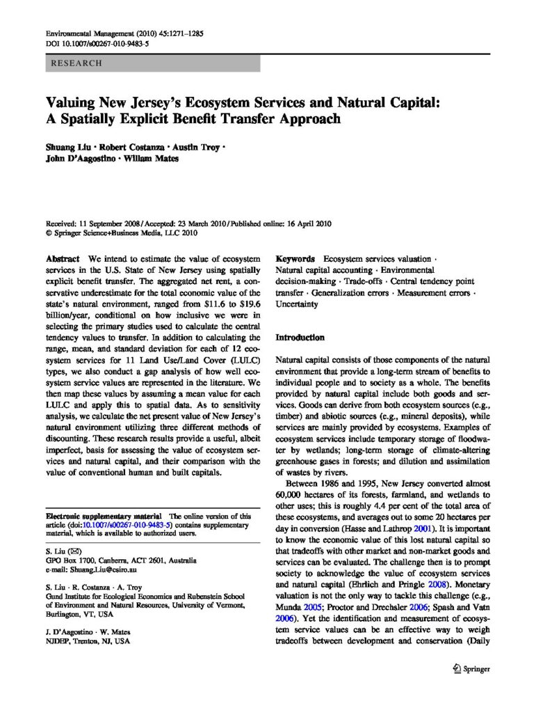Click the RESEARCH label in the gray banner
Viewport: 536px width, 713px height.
76,63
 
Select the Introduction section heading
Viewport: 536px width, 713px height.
300,338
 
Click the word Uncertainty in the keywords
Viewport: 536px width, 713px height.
298,304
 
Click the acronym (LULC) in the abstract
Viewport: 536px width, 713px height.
243,359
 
